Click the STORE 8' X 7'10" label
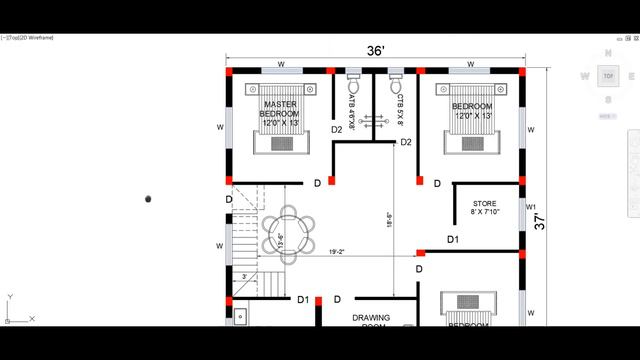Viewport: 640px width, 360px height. (485, 207)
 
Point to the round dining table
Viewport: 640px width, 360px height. (288, 232)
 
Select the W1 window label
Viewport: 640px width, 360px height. (531, 207)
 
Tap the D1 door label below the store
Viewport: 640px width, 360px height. (452, 240)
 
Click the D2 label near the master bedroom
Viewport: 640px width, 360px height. (337, 130)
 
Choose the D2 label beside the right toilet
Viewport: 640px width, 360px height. (406, 142)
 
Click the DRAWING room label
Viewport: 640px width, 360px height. (370, 319)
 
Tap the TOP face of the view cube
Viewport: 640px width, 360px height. (607, 76)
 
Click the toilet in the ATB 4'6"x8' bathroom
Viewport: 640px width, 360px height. (353, 74)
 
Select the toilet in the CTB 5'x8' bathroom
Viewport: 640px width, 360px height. (396, 74)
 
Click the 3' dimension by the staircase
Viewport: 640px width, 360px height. (243, 276)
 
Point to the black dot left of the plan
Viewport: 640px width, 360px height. (149, 199)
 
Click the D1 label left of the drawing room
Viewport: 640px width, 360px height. (303, 300)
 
